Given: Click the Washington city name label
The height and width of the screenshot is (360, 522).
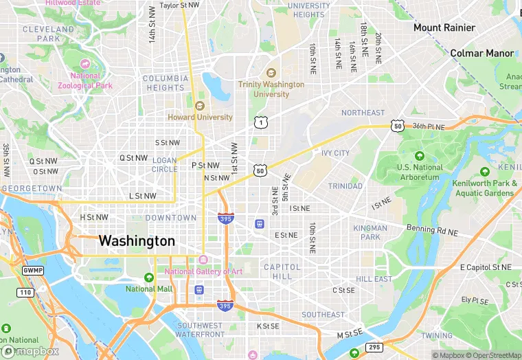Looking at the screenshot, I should (137, 241).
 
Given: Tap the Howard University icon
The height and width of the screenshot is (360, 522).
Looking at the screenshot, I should (200, 106).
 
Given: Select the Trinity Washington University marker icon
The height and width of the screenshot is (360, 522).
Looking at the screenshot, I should (271, 73).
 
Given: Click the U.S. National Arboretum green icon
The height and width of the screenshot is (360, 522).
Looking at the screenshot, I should (420, 156).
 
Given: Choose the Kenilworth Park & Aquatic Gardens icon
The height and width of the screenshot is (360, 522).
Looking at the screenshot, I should (485, 172).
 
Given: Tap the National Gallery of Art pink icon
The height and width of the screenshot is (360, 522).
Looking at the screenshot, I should (203, 260).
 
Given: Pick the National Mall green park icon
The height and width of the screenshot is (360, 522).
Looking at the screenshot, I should (149, 278).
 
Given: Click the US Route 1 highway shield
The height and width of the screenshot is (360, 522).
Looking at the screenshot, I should (260, 123).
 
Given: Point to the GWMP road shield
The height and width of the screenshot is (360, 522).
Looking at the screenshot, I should (32, 271).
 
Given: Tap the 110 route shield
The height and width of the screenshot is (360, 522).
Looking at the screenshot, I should (25, 293).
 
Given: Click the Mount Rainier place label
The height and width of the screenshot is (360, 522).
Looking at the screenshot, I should (444, 28).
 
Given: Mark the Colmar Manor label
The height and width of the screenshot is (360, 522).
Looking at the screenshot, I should (482, 53).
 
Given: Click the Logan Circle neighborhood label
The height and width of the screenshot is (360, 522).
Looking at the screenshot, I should (164, 165).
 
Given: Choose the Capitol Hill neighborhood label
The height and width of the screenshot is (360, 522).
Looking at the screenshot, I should (282, 271).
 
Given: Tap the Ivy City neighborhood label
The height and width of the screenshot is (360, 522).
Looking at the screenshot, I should (335, 153).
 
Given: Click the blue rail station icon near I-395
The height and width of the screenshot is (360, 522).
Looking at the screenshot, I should (260, 223).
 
